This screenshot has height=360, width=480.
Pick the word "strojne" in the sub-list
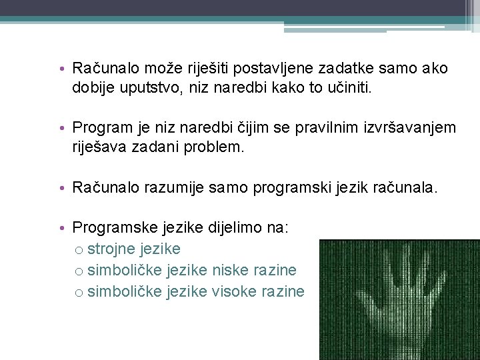coord(110,249)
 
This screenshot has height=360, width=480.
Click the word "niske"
coord(229,270)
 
